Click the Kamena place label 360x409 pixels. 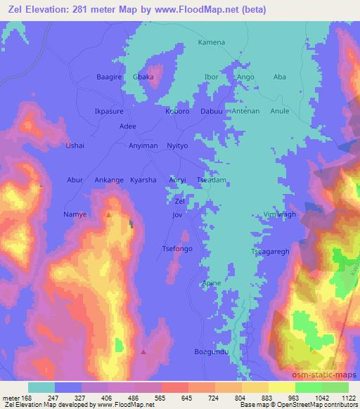pyautogui.click(x=211, y=43)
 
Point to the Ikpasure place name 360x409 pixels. pyautogui.click(x=109, y=111)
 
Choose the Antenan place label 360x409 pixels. pyautogui.click(x=246, y=111)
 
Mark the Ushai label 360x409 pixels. pyautogui.click(x=75, y=145)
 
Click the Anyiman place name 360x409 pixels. pyautogui.click(x=143, y=145)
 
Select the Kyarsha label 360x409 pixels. pyautogui.click(x=143, y=180)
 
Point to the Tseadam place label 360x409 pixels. pyautogui.click(x=211, y=180)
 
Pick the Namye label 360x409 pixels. pyautogui.click(x=75, y=214)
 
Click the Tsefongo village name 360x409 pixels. pyautogui.click(x=177, y=249)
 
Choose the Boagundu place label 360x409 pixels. pyautogui.click(x=212, y=351)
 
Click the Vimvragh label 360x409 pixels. pyautogui.click(x=280, y=214)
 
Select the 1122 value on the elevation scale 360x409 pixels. pyautogui.click(x=348, y=397)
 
